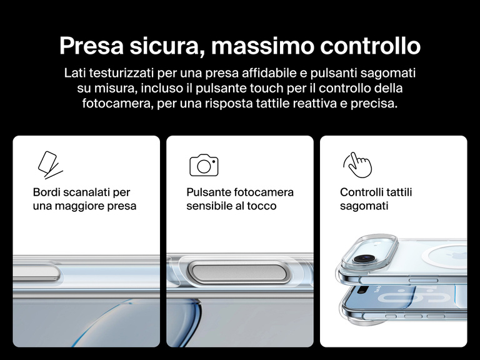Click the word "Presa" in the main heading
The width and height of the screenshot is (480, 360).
[x=94, y=46]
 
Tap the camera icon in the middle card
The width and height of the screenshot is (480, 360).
[x=204, y=164]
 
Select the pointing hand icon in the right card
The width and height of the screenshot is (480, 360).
[x=357, y=164]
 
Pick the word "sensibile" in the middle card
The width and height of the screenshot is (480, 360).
[x=209, y=206]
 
